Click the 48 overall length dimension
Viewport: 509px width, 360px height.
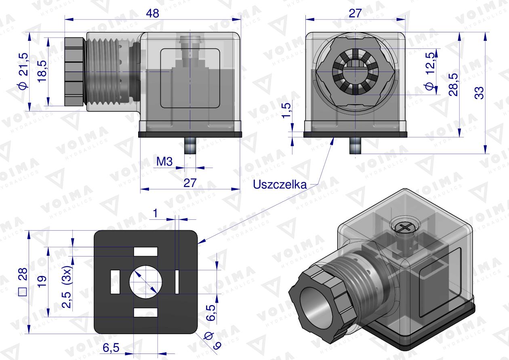(153, 13)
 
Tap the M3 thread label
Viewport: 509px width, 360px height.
(165, 162)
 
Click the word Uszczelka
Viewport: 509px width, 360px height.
(280, 184)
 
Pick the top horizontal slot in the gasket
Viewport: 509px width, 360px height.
(145, 251)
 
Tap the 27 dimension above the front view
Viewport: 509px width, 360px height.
(355, 13)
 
